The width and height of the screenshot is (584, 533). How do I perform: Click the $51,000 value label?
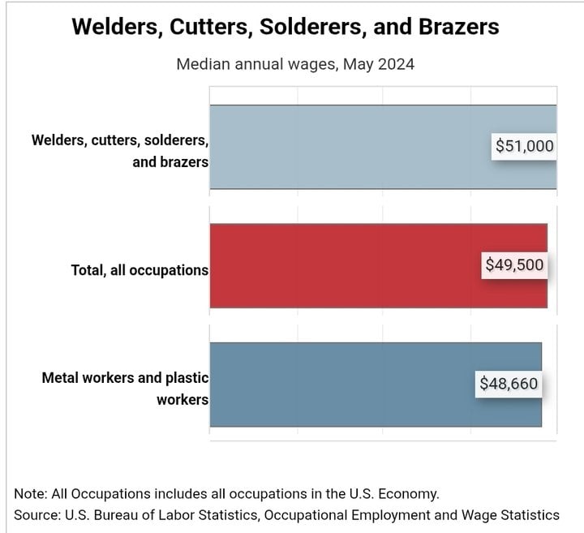tap(524, 146)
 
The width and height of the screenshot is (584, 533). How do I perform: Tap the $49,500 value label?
tap(514, 265)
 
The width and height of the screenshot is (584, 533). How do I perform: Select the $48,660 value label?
tap(509, 384)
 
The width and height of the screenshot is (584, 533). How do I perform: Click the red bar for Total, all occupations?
tap(379, 266)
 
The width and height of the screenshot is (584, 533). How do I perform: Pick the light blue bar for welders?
tap(383, 147)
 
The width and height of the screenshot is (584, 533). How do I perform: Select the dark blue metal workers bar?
tap(376, 385)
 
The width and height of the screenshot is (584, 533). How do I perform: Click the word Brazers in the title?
tap(458, 27)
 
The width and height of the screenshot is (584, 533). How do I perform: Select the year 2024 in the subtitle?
tap(396, 64)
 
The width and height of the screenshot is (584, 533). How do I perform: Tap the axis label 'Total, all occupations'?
tap(140, 270)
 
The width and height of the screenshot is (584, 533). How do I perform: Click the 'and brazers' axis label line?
tap(170, 162)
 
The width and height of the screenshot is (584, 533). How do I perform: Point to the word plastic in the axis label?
tap(187, 378)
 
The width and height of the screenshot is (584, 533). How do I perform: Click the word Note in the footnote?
tap(31, 494)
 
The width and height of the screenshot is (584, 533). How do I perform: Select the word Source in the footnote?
tap(37, 515)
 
